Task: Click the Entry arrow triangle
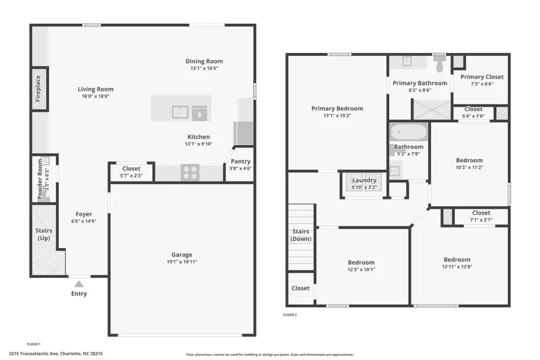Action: point(79,283)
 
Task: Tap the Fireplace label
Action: point(38,88)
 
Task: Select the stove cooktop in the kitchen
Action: point(190,173)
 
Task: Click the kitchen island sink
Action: point(180,112)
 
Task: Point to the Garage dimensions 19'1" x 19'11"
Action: point(181,262)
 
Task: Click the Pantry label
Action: point(240,161)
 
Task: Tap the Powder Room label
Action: point(41,179)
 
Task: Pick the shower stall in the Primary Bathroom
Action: point(430,109)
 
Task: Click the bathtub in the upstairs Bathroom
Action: point(408,131)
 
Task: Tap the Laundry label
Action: point(364,180)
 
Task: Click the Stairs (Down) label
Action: point(301,235)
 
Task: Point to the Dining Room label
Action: point(204,61)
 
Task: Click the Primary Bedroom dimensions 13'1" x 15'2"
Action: point(337,116)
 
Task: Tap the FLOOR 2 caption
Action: point(290,314)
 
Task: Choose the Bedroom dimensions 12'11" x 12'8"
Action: point(457,268)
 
